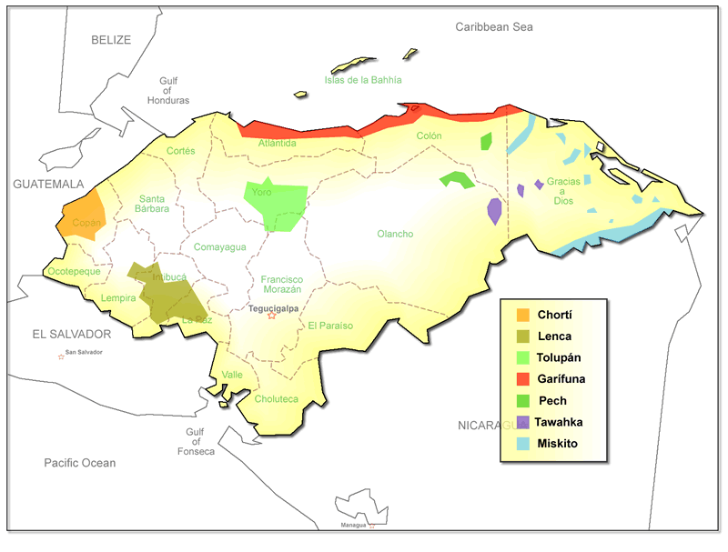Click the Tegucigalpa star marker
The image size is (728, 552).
[x=271, y=316]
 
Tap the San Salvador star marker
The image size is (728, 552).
[x=62, y=356]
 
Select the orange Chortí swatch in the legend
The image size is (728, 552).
[x=523, y=315]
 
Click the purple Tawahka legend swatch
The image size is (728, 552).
[x=523, y=422]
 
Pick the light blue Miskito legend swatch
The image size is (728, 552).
[x=523, y=444]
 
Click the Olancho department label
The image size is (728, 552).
[x=395, y=234]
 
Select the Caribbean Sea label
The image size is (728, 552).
[x=493, y=27]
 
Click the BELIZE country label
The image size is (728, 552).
[x=111, y=40]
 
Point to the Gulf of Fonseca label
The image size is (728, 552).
[x=200, y=442]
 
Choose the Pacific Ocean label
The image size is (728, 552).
[x=80, y=463]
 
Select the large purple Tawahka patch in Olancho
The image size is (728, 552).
[x=494, y=211]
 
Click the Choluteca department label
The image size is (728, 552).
[x=277, y=398]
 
